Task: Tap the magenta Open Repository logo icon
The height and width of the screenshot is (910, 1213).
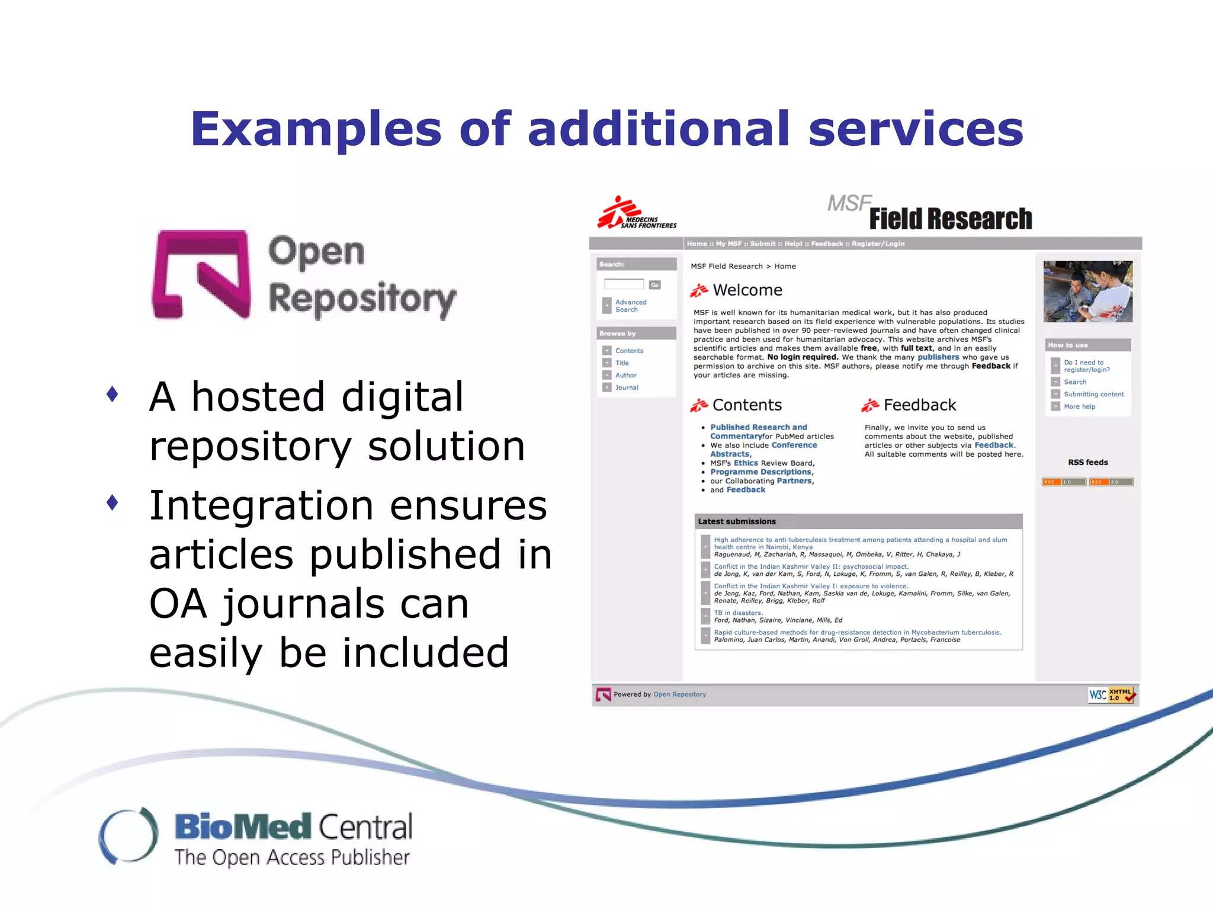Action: tap(201, 274)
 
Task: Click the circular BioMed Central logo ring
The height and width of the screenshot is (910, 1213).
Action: tap(129, 835)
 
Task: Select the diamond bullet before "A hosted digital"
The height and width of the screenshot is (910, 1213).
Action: tap(112, 394)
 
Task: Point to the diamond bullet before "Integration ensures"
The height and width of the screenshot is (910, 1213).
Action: tap(112, 503)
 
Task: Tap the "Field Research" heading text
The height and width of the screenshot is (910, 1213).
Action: tap(950, 219)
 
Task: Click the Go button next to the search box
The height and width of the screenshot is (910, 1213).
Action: tap(654, 285)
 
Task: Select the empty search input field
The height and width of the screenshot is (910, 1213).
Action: tap(624, 284)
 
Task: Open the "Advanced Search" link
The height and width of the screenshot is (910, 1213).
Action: tap(630, 306)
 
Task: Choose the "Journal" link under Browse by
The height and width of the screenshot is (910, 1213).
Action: tap(626, 387)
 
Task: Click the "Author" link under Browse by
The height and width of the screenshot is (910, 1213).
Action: tap(625, 375)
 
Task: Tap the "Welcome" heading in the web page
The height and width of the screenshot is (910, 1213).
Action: tap(747, 290)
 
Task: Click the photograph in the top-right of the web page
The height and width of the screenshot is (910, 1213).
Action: tap(1087, 291)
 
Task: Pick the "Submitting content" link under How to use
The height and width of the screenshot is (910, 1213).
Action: tap(1093, 394)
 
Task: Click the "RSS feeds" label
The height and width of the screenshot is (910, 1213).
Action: tap(1087, 462)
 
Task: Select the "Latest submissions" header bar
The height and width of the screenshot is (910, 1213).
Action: tap(858, 521)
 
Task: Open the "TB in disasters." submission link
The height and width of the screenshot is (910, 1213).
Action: tap(738, 613)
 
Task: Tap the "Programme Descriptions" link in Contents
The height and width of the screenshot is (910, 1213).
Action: tap(760, 472)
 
